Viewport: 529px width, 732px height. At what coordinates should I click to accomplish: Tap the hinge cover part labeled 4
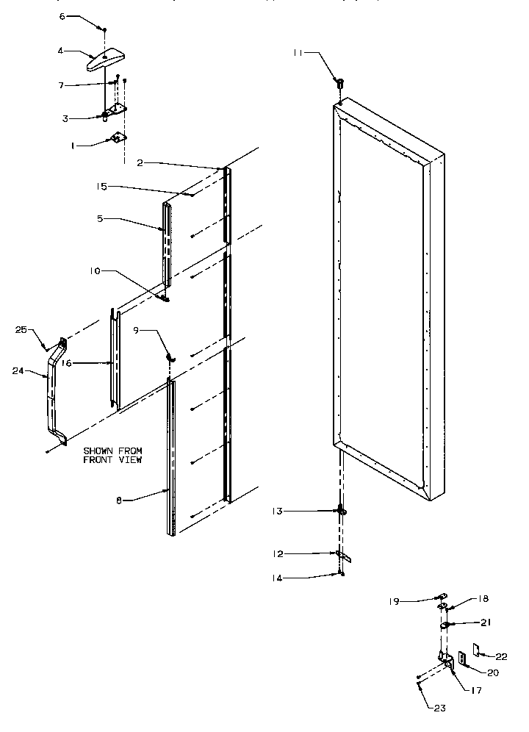(x=106, y=59)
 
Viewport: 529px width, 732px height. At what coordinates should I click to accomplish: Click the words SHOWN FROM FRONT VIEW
(x=112, y=455)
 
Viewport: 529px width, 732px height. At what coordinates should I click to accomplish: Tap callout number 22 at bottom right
(x=501, y=656)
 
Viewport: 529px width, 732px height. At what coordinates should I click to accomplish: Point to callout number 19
(x=394, y=600)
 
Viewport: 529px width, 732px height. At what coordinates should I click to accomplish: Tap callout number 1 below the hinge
(x=73, y=146)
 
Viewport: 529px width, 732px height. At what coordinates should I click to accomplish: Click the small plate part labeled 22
(x=478, y=650)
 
